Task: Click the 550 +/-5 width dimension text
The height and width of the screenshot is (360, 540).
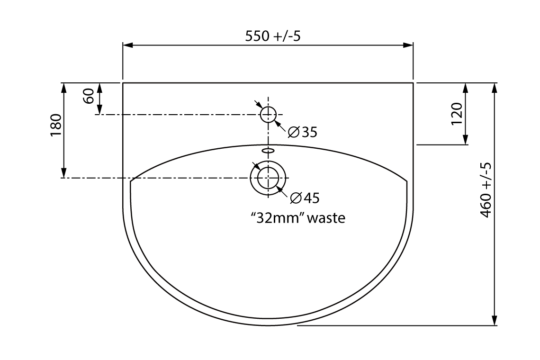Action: (x=272, y=36)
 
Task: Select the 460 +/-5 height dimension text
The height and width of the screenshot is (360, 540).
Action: (x=486, y=189)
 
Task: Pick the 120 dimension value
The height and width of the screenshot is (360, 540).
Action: (x=456, y=114)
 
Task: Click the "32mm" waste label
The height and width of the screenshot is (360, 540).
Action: (x=297, y=218)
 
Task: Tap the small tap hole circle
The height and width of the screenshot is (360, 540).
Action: (x=269, y=114)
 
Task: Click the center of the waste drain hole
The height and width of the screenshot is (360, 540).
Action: (x=269, y=178)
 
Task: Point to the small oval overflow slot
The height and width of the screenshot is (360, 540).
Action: (x=268, y=150)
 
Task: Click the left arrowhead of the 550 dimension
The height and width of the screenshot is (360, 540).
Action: (x=127, y=45)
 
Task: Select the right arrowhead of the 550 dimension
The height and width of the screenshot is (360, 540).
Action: (x=409, y=45)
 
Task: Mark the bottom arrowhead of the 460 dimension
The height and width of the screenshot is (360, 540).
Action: (x=495, y=321)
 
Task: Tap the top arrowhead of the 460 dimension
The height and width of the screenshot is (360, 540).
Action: (x=495, y=88)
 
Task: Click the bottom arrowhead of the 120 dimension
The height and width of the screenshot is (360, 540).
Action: (x=466, y=140)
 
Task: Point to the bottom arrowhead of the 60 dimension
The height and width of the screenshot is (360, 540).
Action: (x=99, y=110)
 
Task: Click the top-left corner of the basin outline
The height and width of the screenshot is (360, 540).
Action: (x=123, y=83)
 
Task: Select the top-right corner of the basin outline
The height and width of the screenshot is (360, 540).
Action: (x=414, y=83)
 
